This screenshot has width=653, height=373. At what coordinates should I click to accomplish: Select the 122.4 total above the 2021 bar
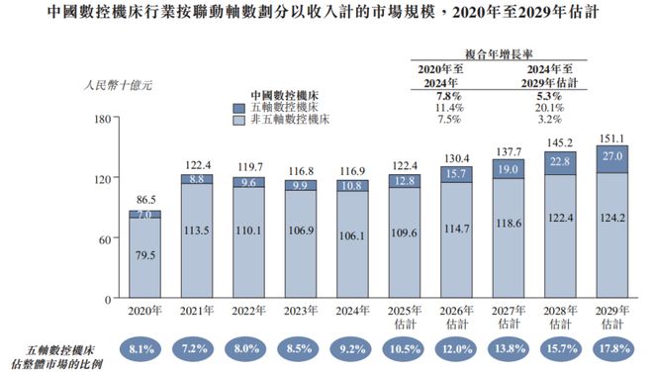(197, 164)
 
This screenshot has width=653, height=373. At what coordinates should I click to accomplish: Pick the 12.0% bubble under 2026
(457, 349)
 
